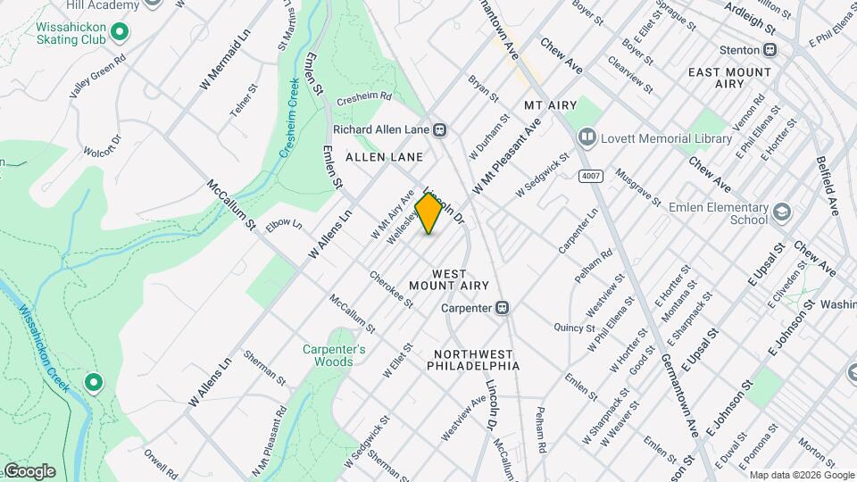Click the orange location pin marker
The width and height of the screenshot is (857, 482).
(x=428, y=212)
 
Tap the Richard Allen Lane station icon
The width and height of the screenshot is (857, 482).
(x=439, y=129)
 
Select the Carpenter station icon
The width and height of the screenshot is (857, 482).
(x=503, y=308)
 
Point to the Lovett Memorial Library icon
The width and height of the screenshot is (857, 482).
(x=587, y=138)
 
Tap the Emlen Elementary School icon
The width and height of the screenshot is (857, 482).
(x=782, y=212)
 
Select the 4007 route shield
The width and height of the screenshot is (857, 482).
(x=589, y=176)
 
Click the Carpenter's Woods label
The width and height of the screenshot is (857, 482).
(x=334, y=355)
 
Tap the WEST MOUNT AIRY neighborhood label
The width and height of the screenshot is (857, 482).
(x=449, y=278)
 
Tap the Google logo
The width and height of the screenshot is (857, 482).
(x=29, y=471)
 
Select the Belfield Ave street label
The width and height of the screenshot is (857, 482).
(x=828, y=187)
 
